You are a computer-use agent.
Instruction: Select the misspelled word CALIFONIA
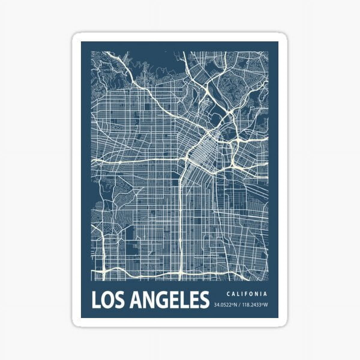point(247,294)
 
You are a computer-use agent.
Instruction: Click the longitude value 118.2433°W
point(255,305)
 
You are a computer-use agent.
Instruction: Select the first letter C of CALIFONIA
point(228,294)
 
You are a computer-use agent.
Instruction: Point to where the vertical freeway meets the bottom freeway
point(181,273)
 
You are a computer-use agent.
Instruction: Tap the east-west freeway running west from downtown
point(138,160)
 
